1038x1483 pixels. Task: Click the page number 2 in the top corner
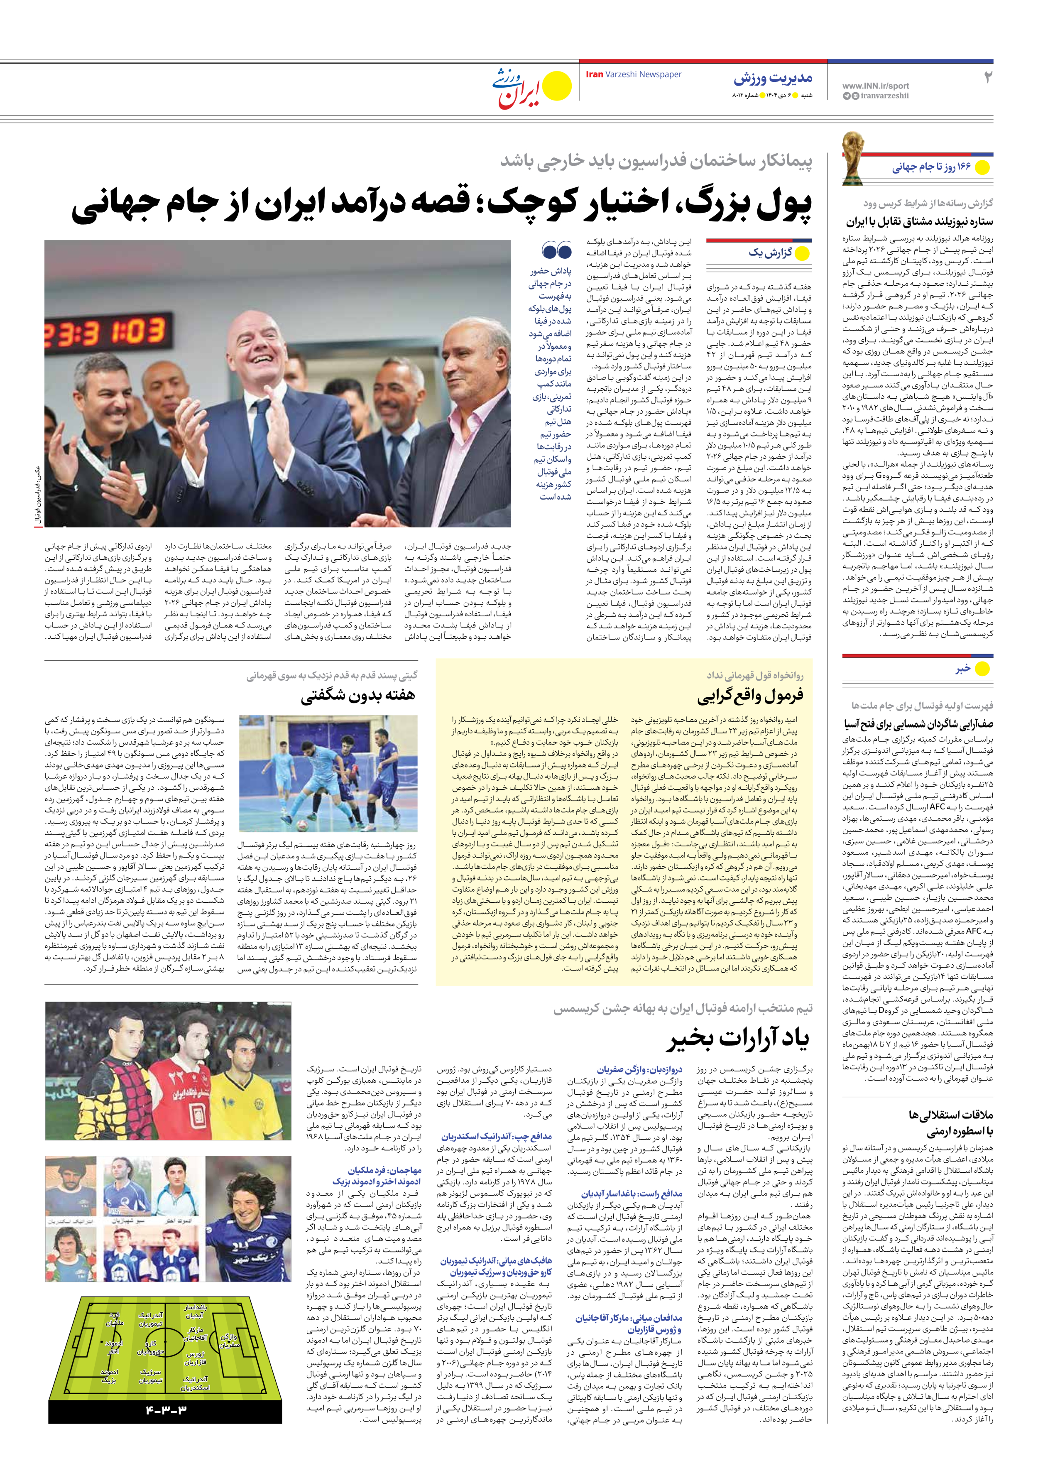tap(987, 78)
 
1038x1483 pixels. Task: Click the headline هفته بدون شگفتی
tap(357, 696)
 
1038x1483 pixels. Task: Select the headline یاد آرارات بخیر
tap(738, 1039)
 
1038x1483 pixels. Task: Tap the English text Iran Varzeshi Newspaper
tap(633, 74)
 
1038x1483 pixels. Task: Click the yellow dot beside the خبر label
tap(982, 669)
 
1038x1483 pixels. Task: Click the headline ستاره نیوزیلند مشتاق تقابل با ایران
tap(920, 221)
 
